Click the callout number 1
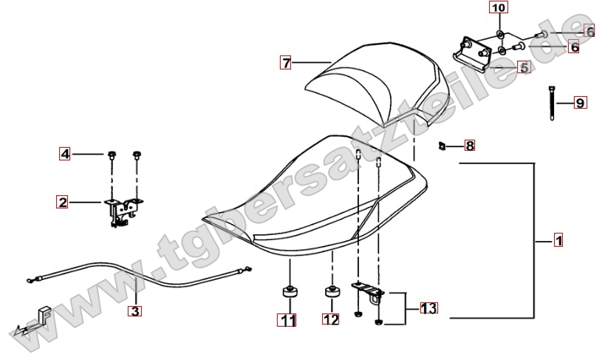pos(558,240)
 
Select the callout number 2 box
pos(62,202)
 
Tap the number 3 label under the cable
pos(134,311)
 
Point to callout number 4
pos(65,154)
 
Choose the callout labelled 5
pos(524,67)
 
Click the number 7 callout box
pos(286,63)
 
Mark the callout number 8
pos(470,146)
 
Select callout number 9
pos(580,103)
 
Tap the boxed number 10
pos(499,7)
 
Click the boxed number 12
pos(331,319)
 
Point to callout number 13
pos(428,309)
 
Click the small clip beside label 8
pos(442,146)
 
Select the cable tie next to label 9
pos(551,103)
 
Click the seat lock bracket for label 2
pos(123,211)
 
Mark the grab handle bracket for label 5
pos(471,54)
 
